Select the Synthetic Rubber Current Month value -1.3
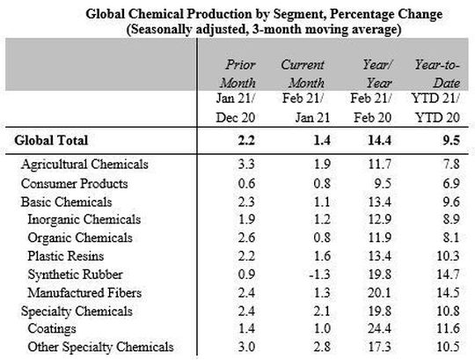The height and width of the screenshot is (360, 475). coord(301,274)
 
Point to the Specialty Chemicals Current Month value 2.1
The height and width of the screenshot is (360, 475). coord(303,310)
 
